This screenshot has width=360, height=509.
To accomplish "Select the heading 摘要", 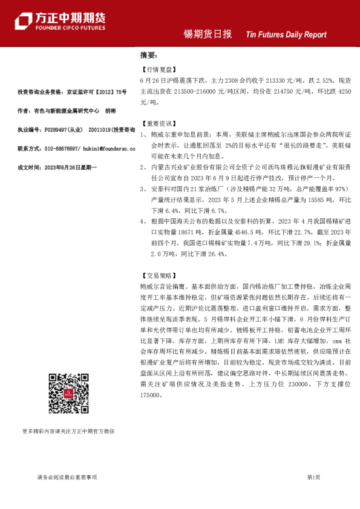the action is tap(147, 56).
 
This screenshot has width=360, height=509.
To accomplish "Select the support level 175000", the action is tap(150, 395).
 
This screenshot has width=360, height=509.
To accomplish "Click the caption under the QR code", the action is tap(68, 431).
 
